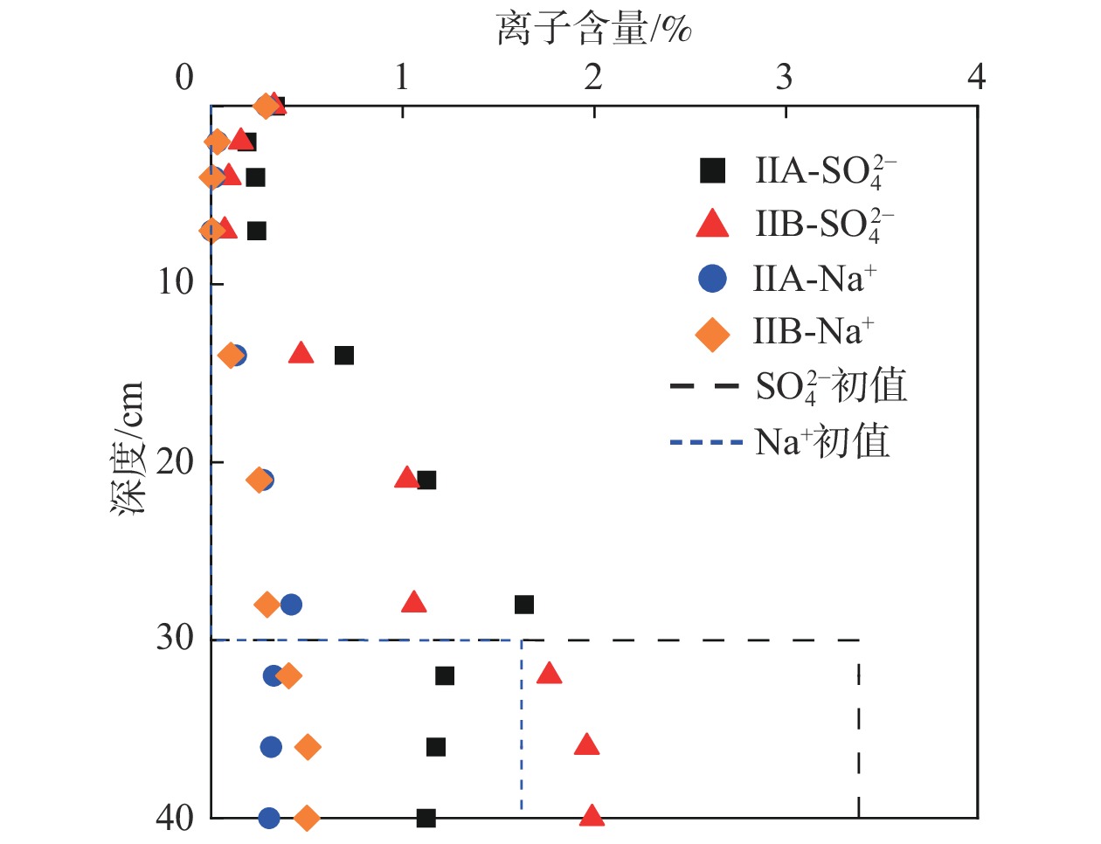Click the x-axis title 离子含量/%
pyautogui.click(x=594, y=29)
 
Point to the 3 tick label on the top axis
pyautogui.click(x=784, y=78)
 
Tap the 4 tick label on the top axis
pyautogui.click(x=976, y=78)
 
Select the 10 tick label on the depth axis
pyautogui.click(x=177, y=282)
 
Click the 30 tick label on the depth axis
pyautogui.click(x=177, y=638)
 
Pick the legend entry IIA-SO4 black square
pyautogui.click(x=713, y=170)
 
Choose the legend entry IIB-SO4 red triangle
pyautogui.click(x=712, y=224)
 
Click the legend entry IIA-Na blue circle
pyautogui.click(x=713, y=278)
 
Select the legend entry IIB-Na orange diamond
pyautogui.click(x=712, y=333)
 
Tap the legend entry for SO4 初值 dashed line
pyautogui.click(x=704, y=385)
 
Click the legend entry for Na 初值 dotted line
pyautogui.click(x=704, y=442)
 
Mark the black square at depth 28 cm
pyautogui.click(x=524, y=605)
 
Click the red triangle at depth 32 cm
pyautogui.click(x=549, y=673)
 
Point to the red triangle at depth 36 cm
pyautogui.click(x=587, y=744)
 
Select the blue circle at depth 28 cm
pyautogui.click(x=291, y=605)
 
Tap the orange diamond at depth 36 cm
pyautogui.click(x=307, y=747)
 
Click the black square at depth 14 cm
pyautogui.click(x=344, y=355)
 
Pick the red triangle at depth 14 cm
pyautogui.click(x=301, y=353)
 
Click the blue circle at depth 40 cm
pyautogui.click(x=269, y=818)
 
